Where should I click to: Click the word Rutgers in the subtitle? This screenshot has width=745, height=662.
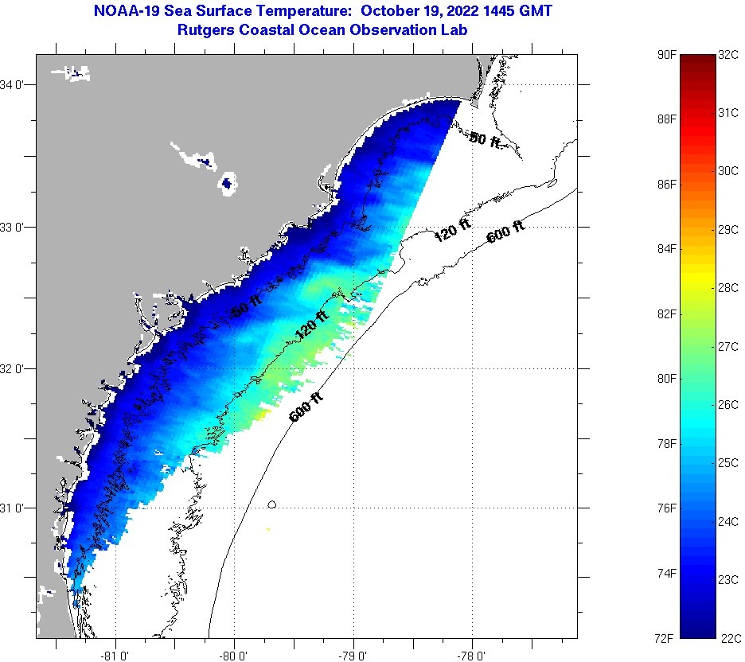pos(204,29)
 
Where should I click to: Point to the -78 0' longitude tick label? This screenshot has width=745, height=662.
pos(472,655)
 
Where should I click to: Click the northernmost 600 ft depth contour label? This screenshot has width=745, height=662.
pos(505,232)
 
